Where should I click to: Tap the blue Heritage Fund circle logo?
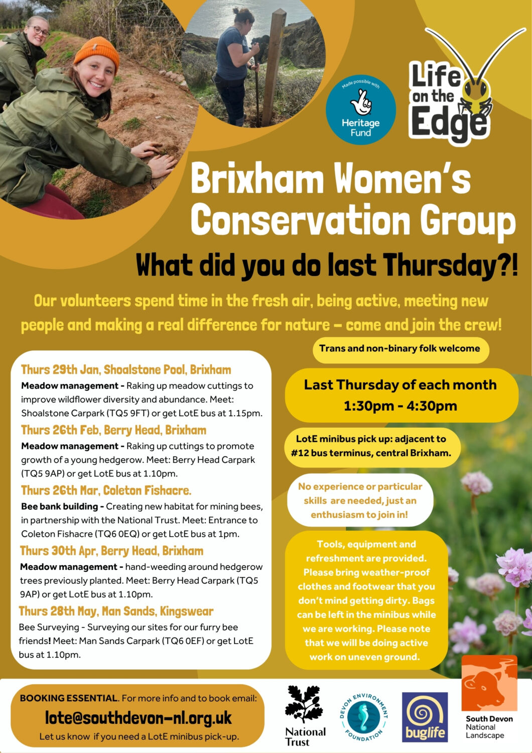click(x=361, y=110)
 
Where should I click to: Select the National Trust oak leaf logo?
click(x=304, y=705)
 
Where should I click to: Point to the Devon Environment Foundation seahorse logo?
click(x=364, y=717)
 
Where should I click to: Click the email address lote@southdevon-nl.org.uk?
click(x=139, y=718)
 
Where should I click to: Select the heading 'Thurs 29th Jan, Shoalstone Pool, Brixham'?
click(x=126, y=370)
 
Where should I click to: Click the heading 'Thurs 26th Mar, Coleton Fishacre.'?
click(x=106, y=490)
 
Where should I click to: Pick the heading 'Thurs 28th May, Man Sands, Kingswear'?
click(x=116, y=611)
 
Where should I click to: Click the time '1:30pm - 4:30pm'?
click(x=400, y=406)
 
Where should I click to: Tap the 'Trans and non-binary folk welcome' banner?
click(x=400, y=349)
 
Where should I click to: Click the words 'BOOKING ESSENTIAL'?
click(x=69, y=698)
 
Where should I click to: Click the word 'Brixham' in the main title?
click(x=257, y=179)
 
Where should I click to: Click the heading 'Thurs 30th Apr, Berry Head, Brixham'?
click(x=111, y=551)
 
